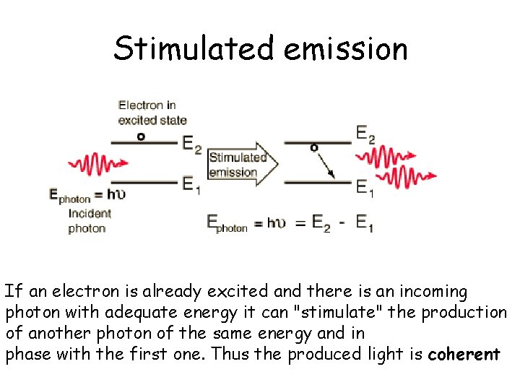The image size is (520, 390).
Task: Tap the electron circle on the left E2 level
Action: (141, 135)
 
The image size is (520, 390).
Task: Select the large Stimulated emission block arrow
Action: (243, 165)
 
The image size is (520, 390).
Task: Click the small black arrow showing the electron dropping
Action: (326, 165)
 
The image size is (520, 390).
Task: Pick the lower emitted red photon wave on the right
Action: (409, 176)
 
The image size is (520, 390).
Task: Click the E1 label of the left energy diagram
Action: (191, 186)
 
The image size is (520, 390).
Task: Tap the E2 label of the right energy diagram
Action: (365, 134)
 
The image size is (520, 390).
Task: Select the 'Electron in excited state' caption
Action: (152, 113)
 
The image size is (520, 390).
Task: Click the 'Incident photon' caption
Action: (90, 221)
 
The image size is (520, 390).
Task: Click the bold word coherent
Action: (464, 355)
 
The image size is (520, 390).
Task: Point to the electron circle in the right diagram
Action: (314, 147)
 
